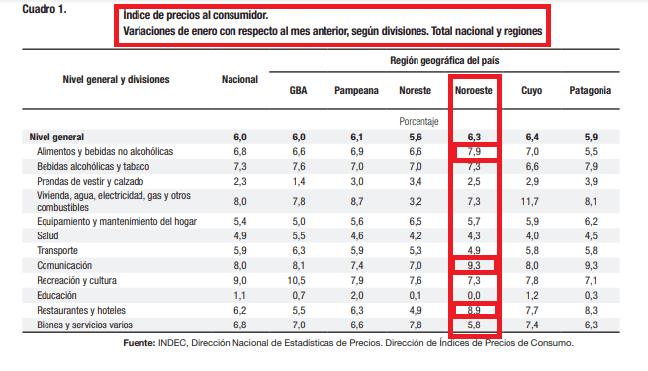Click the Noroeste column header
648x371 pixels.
click(x=474, y=90)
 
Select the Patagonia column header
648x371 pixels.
click(x=591, y=90)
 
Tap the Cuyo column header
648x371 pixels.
click(x=532, y=90)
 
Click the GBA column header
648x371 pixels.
click(x=298, y=90)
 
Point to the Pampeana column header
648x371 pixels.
click(x=356, y=90)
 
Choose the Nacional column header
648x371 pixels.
click(x=239, y=79)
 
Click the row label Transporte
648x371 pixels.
click(x=57, y=250)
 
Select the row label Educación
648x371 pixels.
click(x=56, y=296)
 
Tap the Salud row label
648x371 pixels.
click(x=47, y=235)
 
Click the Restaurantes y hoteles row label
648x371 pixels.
click(x=81, y=311)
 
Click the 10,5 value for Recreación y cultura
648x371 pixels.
click(x=297, y=281)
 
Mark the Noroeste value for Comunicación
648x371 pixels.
click(x=474, y=266)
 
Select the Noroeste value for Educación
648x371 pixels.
click(x=474, y=296)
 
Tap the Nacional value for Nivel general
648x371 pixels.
click(x=240, y=138)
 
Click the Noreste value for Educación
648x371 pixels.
click(x=416, y=296)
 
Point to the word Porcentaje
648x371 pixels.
click(x=418, y=121)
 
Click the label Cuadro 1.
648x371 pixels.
click(x=45, y=9)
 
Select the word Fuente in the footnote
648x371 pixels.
click(x=139, y=343)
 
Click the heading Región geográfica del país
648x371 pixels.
click(x=444, y=61)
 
